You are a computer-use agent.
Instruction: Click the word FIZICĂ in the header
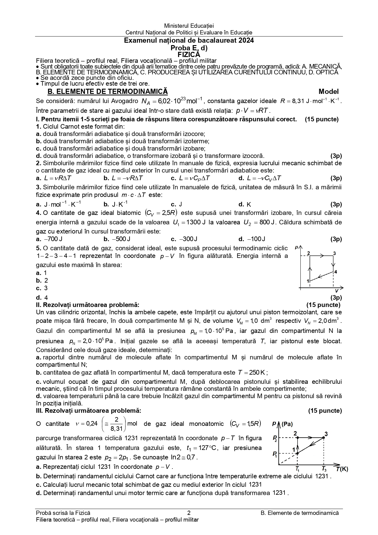point(189,55)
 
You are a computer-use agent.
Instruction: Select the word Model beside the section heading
point(328,91)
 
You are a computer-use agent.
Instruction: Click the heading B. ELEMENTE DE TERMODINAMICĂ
point(108,91)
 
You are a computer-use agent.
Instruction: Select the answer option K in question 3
point(249,205)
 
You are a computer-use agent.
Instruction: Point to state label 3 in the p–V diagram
point(334,253)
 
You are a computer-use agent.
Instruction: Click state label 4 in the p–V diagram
point(335,271)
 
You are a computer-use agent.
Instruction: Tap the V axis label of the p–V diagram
point(337,291)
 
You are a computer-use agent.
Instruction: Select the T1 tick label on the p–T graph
point(298,469)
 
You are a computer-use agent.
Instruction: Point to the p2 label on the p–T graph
point(275,439)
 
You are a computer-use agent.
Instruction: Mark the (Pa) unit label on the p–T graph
point(287,424)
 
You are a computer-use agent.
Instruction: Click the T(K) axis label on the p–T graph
point(342,469)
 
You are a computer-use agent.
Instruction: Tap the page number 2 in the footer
point(189,513)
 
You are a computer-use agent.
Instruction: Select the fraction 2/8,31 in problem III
point(117,424)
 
